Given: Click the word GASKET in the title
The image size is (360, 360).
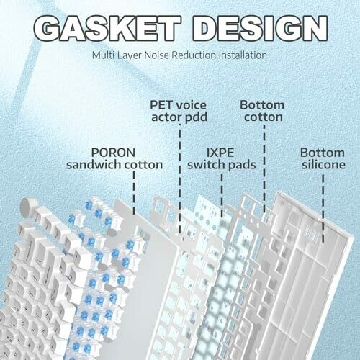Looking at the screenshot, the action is click(x=107, y=29).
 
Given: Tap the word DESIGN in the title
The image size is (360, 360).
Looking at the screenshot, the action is click(x=260, y=29).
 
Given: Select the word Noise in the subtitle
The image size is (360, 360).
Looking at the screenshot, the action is click(x=157, y=55).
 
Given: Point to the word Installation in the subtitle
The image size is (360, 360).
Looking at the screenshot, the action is click(x=243, y=55).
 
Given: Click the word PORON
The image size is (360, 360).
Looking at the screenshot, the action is click(x=113, y=153).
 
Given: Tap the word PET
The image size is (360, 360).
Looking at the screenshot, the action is click(x=161, y=105).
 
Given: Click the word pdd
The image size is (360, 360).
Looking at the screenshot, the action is click(x=196, y=117).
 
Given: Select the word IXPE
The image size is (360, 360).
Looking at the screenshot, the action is click(x=220, y=153).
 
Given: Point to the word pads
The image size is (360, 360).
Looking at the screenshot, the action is click(x=242, y=165).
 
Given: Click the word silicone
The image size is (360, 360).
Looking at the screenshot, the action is click(x=323, y=165).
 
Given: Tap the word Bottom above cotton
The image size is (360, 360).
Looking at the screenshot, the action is click(x=262, y=105).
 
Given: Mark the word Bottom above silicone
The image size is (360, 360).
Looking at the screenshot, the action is click(x=323, y=153).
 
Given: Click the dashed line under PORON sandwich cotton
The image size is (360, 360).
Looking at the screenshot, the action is click(x=134, y=193).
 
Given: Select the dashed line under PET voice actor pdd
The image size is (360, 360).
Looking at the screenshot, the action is click(x=180, y=179).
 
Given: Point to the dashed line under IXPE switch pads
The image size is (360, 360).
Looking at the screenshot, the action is click(x=222, y=197).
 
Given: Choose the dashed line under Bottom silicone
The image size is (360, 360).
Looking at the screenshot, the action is click(x=323, y=208).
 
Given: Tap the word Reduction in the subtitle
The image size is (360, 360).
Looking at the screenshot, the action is click(x=194, y=55).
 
